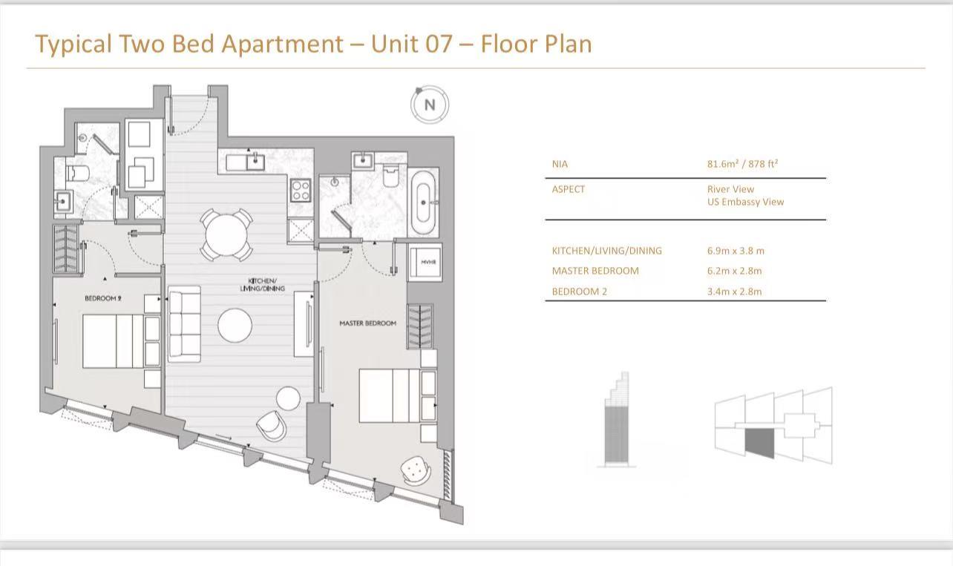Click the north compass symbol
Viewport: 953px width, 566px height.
coord(430,105)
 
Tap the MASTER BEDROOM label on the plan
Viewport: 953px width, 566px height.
coord(367,323)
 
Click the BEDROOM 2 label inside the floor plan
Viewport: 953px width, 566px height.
coord(102,298)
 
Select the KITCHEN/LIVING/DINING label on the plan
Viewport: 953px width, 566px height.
coord(262,285)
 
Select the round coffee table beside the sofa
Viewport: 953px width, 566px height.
coord(235,325)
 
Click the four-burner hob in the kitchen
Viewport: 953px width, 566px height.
coord(301,191)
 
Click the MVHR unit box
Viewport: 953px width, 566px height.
coord(428,262)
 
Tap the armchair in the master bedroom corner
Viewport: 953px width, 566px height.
coord(414,469)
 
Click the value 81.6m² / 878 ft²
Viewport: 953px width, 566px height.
coord(742,164)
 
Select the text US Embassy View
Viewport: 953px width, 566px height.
coord(745,202)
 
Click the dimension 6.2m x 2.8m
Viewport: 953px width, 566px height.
coord(734,271)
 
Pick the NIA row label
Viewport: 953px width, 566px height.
coord(560,164)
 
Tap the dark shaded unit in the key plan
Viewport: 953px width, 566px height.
coord(759,443)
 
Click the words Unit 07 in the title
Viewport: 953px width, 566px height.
coord(410,44)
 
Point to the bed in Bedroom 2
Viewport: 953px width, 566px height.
coord(112,341)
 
